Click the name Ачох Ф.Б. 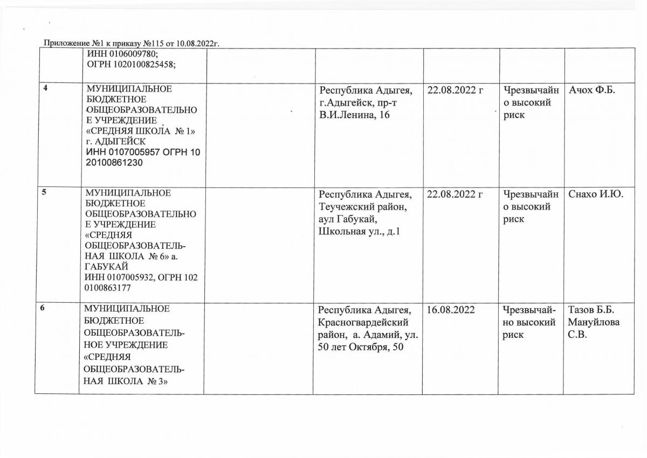[593, 89]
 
